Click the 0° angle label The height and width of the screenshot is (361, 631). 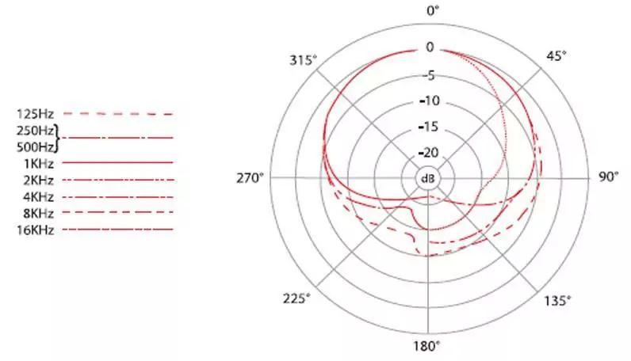[x=433, y=10]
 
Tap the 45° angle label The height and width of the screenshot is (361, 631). [x=556, y=56]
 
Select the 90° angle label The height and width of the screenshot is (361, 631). [x=609, y=177]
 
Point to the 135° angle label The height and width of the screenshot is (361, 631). [x=557, y=300]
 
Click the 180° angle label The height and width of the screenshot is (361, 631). [x=427, y=346]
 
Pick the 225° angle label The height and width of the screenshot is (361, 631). [x=296, y=298]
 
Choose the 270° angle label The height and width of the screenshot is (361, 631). [x=250, y=177]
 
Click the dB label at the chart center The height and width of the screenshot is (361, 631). [x=428, y=178]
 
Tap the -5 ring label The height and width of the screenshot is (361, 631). [x=430, y=75]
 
